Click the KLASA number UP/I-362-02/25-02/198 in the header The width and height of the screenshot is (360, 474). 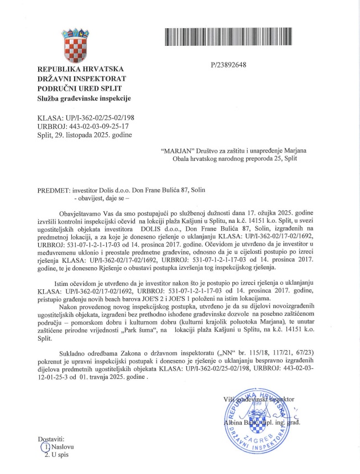[95, 117]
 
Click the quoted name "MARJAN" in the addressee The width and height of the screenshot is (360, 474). [175, 150]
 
